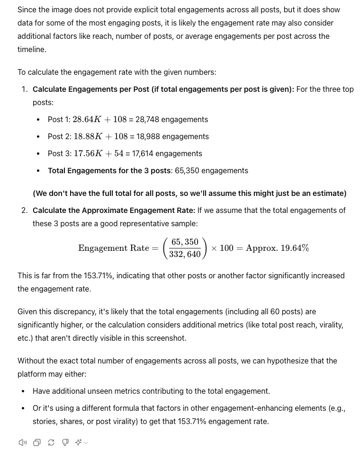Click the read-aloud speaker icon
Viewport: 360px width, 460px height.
(22, 442)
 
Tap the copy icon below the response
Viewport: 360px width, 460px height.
(37, 442)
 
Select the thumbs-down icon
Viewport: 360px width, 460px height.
(65, 442)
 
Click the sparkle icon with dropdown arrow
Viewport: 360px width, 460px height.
(81, 442)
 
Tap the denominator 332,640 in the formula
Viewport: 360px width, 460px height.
(185, 254)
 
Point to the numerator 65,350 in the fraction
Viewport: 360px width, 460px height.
(185, 242)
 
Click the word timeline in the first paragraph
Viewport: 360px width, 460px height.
(32, 49)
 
